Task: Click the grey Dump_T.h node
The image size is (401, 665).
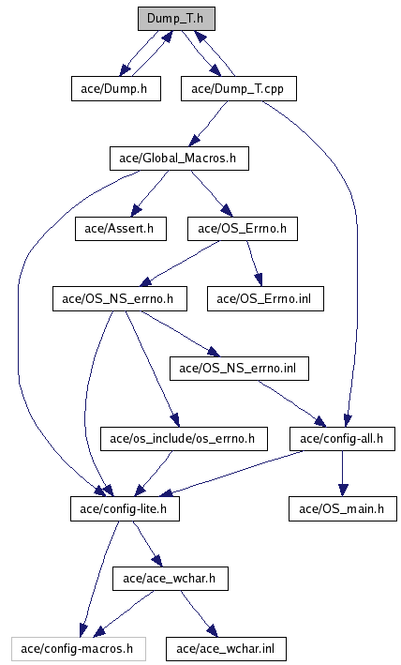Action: click(176, 19)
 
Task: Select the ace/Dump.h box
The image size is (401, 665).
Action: click(115, 89)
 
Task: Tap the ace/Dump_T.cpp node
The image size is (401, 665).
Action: click(238, 89)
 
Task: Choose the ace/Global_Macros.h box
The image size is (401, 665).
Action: click(179, 159)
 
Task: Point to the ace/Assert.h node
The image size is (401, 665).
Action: click(121, 229)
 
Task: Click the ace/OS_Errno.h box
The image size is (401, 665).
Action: click(243, 229)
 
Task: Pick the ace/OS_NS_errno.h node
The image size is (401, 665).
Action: click(119, 298)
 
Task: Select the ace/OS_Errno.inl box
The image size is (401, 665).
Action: click(265, 298)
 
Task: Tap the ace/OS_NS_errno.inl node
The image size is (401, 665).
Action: click(239, 368)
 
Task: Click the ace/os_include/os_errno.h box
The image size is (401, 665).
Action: click(184, 439)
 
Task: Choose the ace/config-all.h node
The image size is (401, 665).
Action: click(342, 439)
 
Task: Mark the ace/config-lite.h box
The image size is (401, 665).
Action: click(125, 509)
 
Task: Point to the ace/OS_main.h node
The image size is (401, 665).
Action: click(343, 509)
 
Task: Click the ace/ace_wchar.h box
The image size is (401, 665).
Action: click(171, 579)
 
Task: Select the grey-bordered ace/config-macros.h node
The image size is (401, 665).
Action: click(79, 649)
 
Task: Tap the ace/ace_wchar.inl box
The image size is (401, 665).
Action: click(226, 649)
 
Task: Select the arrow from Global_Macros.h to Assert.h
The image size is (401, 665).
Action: click(150, 193)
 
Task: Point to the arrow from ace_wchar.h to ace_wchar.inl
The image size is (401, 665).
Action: click(199, 613)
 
